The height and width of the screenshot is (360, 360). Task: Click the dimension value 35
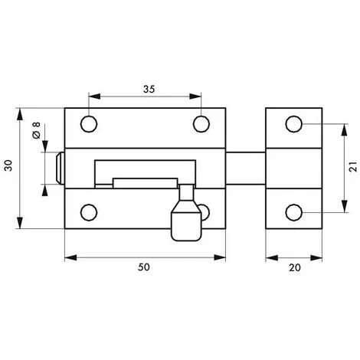149,89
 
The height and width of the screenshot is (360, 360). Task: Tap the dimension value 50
144,267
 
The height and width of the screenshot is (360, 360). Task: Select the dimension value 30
8,165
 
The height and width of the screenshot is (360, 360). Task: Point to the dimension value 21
353,167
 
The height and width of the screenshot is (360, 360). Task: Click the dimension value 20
295,267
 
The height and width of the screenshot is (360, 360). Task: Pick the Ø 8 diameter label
37,130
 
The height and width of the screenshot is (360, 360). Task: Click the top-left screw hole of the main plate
89,124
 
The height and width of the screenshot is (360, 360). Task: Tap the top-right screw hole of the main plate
201,124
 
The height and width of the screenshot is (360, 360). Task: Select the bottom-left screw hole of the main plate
89,212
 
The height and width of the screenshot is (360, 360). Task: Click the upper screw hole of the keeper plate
294,124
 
